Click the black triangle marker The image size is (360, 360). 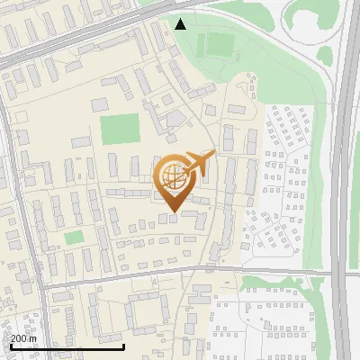click(181, 24)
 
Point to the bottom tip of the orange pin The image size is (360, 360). click(172, 212)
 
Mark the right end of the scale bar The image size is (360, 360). click(124, 346)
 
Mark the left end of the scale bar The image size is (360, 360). click(10, 346)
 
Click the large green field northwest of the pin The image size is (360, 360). click(119, 129)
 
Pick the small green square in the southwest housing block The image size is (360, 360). click(74, 238)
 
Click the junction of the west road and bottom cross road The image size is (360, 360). click(39, 286)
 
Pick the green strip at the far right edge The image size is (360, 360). click(356, 180)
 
